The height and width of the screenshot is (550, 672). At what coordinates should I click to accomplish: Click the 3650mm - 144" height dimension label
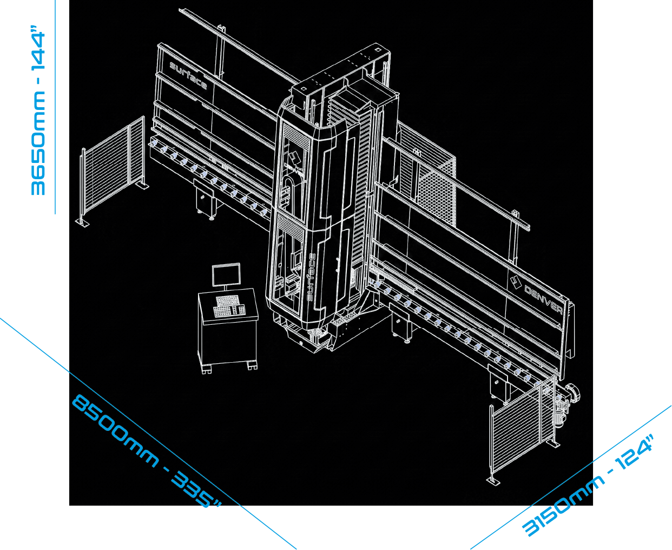(38, 110)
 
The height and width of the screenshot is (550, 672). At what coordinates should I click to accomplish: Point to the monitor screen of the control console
(226, 275)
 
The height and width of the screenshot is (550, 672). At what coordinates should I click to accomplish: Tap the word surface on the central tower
(311, 277)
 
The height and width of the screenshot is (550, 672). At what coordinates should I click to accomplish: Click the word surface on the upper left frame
(188, 76)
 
